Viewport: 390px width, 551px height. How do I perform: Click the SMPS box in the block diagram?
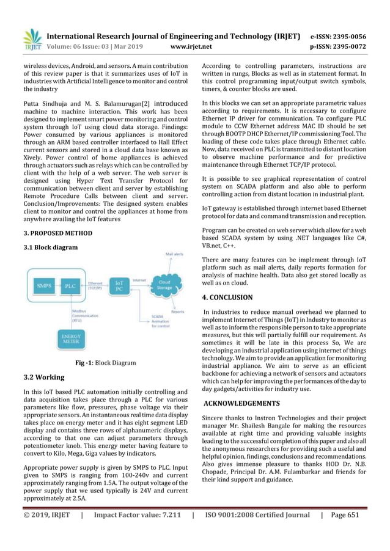click(x=45, y=285)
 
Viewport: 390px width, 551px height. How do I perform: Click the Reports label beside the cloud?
click(x=178, y=312)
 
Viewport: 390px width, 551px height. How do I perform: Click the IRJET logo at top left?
click(x=31, y=38)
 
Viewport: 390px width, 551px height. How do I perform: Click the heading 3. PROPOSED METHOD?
click(x=57, y=233)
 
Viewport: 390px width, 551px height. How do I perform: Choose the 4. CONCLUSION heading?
click(x=227, y=297)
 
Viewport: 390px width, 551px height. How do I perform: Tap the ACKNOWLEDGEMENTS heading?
click(x=241, y=403)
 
